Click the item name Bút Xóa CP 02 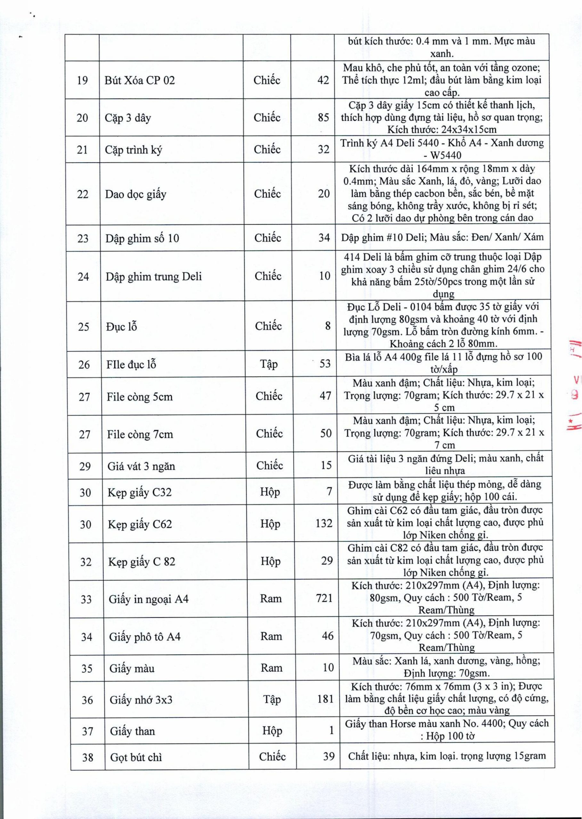click(139, 80)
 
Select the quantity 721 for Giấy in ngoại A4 click(324, 598)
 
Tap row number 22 click(82, 194)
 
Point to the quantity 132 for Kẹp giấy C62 click(324, 524)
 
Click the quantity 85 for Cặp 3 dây click(323, 117)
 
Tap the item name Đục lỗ click(121, 326)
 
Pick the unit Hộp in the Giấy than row click(272, 731)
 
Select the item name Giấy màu click(132, 668)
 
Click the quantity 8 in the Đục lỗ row click(328, 326)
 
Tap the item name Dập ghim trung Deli click(153, 276)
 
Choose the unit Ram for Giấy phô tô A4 click(271, 636)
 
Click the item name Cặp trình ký click(133, 149)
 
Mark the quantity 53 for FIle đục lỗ click(325, 364)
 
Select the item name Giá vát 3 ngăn click(141, 466)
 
